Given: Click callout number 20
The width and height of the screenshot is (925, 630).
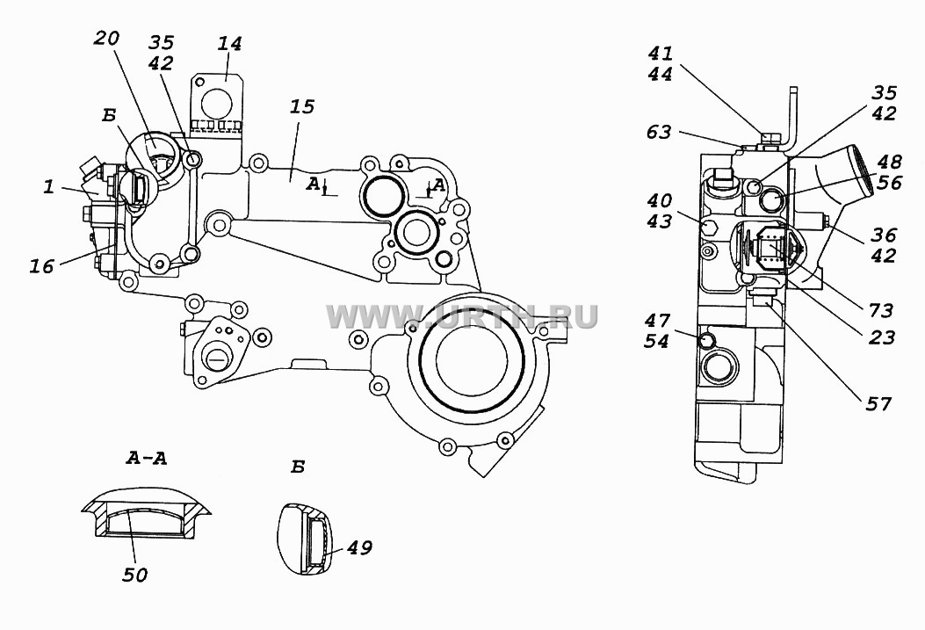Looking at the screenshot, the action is pos(107,39).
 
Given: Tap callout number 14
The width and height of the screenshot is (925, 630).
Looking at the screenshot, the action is pos(229,44).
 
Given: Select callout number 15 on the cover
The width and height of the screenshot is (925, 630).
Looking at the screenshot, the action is pos(302,106).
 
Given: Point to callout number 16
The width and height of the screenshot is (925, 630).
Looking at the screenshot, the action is pos(42,266).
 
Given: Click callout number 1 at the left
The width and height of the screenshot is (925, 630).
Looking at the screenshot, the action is pos(48,187).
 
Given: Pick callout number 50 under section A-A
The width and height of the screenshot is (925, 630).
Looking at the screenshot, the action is pos(135,575).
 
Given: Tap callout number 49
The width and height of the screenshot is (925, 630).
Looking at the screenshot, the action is pos(359,548).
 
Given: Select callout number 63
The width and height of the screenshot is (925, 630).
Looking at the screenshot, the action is pos(659,132).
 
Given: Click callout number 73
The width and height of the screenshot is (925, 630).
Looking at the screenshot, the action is pos(881,310).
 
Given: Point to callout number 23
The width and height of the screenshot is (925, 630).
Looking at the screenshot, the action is pos(882,337).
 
